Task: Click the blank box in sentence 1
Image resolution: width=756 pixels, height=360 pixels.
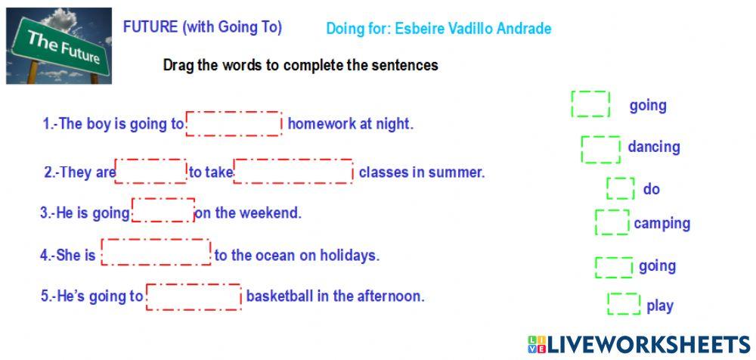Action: click(234, 123)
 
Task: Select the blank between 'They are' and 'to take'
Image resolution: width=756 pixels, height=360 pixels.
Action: click(151, 172)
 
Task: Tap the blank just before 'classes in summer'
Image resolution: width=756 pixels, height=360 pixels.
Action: click(293, 172)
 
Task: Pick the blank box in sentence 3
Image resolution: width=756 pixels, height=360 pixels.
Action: click(163, 210)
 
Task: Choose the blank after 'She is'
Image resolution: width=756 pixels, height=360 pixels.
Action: click(156, 252)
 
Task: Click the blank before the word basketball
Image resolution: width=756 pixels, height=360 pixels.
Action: click(194, 296)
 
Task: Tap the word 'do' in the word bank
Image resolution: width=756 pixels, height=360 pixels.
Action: click(652, 189)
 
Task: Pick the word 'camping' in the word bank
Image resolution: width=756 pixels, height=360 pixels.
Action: click(662, 223)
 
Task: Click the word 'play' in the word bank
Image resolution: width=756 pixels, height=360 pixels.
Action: click(659, 306)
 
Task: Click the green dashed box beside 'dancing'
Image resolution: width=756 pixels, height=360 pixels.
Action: click(601, 150)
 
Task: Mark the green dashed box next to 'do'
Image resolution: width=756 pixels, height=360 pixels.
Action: click(621, 188)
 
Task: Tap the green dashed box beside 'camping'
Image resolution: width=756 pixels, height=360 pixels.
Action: click(612, 222)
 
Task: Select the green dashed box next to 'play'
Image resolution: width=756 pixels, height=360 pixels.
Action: click(624, 303)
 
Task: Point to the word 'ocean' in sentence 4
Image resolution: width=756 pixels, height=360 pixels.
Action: click(277, 255)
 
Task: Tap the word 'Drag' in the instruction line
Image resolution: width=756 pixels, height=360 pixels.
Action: click(178, 65)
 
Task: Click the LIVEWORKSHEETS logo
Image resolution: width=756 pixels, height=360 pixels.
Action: click(640, 344)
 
